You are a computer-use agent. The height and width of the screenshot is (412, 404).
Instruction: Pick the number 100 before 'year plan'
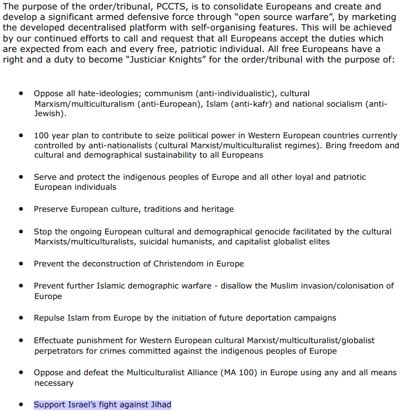[x=42, y=135]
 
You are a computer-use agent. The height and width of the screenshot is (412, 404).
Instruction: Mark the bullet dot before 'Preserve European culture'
[x=21, y=209]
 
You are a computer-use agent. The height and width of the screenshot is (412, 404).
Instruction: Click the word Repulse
[x=50, y=318]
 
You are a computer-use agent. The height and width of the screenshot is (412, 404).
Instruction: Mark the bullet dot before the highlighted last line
[x=21, y=405]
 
